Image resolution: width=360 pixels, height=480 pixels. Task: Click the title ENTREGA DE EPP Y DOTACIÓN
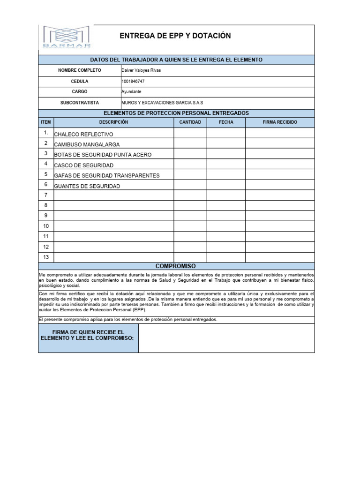175,36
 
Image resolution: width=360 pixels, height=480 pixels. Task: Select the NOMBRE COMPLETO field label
79,70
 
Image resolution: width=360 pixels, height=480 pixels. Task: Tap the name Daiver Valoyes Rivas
141,70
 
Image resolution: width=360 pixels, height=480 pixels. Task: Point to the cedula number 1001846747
133,81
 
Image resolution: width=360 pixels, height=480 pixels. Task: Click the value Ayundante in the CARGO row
131,92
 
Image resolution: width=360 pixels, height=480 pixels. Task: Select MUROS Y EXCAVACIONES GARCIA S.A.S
162,103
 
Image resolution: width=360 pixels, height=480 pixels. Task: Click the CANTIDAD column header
190,122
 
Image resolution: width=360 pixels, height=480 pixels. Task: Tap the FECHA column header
226,122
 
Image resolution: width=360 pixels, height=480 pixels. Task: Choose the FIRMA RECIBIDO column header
279,122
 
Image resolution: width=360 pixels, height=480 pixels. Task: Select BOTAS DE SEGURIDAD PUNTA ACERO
103,155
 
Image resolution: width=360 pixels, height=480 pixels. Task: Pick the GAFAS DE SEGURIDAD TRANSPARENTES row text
107,175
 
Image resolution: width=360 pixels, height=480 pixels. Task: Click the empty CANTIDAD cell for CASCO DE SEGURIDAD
190,165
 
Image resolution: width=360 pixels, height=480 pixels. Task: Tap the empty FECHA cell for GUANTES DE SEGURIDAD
226,186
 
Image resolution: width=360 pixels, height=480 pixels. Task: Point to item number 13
46,257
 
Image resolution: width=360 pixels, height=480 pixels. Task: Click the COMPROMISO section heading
175,266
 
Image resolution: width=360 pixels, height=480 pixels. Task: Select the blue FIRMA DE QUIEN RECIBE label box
88,338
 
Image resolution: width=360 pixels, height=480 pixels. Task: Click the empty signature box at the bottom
226,338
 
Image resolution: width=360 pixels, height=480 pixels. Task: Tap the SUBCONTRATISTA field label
79,103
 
